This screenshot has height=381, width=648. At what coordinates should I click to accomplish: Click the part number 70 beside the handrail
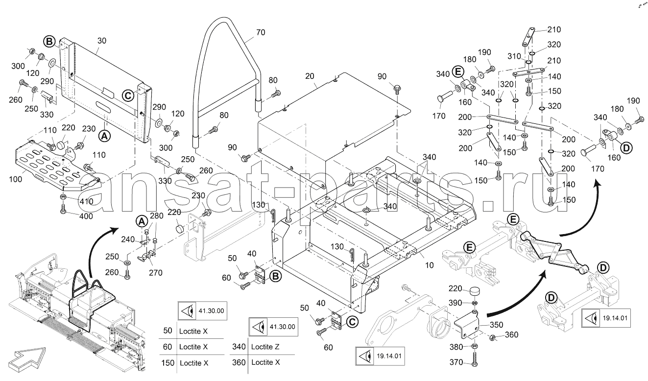point(261,32)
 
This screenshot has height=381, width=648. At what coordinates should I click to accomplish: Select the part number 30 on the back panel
point(102,41)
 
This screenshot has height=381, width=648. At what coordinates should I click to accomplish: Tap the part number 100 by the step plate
point(15,179)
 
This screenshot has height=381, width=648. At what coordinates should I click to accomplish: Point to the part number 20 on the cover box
point(310,76)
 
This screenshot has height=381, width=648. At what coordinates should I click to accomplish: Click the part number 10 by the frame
point(429,265)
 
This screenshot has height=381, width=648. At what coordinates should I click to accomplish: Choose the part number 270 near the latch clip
point(156,273)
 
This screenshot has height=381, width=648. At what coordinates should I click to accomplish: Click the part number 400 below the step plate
point(86,216)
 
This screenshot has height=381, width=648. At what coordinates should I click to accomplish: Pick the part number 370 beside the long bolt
point(456,362)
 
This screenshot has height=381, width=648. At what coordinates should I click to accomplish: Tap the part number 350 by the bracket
point(497,325)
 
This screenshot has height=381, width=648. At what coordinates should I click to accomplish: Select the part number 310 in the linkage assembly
point(514,56)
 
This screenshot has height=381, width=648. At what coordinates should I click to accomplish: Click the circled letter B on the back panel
point(49,42)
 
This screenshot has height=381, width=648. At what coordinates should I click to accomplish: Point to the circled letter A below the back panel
point(105,135)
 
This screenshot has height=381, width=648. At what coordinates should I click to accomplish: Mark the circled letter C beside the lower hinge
point(352,321)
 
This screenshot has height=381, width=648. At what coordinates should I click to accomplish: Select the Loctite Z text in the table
point(265,347)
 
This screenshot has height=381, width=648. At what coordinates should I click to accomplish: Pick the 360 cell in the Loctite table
point(239,362)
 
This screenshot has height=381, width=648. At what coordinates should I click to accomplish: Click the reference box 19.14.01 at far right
point(606,318)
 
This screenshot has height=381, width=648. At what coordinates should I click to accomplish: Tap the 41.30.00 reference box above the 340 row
point(273,327)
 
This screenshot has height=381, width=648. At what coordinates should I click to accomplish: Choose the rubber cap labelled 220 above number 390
point(474,291)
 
